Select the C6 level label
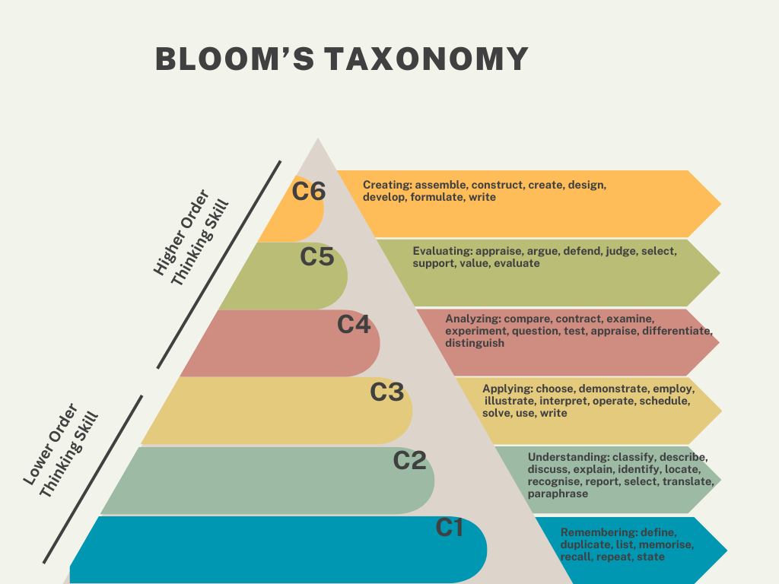click(x=309, y=192)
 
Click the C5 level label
click(x=317, y=258)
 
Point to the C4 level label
click(x=354, y=325)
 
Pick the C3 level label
click(x=386, y=392)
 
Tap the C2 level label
click(x=409, y=460)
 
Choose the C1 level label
click(x=449, y=527)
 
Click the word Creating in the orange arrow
click(x=386, y=185)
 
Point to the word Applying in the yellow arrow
click(x=502, y=389)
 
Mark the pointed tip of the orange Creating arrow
click(x=720, y=203)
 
